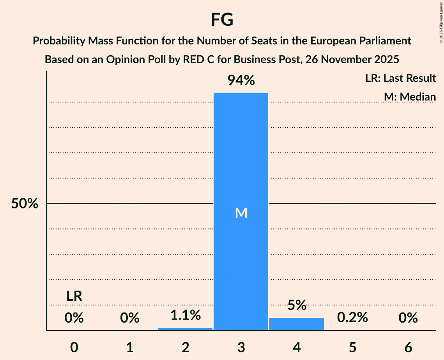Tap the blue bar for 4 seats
pos(297,324)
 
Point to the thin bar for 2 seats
pos(185,329)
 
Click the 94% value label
pos(241,81)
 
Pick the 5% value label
pos(297,305)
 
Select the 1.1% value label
pos(185,315)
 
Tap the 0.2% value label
pos(352,318)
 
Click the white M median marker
pos(241,213)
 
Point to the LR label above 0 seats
pos(74,296)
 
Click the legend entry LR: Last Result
pos(400,78)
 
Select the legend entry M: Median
pos(410,97)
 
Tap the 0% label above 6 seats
pos(408,318)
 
